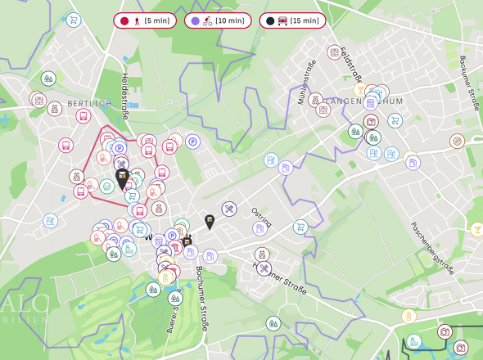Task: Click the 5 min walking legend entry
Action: (x=144, y=20)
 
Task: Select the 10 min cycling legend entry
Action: (x=216, y=20)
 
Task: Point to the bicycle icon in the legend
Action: (x=210, y=20)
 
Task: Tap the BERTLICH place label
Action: (x=88, y=103)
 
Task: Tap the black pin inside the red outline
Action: (x=122, y=179)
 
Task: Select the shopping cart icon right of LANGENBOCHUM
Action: (x=395, y=121)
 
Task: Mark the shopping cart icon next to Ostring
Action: (x=300, y=227)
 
